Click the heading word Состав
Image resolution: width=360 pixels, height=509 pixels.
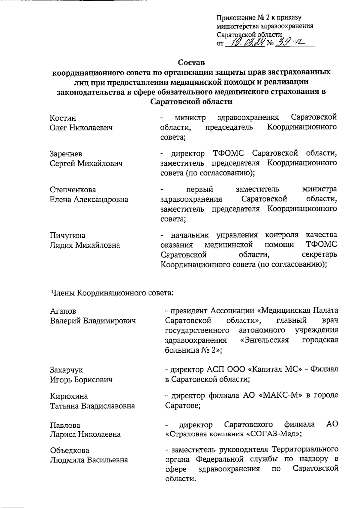pos(191,63)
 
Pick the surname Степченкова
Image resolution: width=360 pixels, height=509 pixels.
pos(73,190)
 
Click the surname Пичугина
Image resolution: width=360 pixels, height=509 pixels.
pos(67,235)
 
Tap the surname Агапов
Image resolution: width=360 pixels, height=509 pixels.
pos(63,311)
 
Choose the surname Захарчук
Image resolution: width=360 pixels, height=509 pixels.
pos(66,370)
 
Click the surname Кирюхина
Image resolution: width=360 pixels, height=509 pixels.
pos(69,396)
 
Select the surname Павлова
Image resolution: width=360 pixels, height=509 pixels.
pos(65,425)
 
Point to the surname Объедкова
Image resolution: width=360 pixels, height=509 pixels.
pos(70,450)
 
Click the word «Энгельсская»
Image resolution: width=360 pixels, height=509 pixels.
pos(264,340)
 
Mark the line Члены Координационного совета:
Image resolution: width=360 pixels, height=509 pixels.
pos(112,292)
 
